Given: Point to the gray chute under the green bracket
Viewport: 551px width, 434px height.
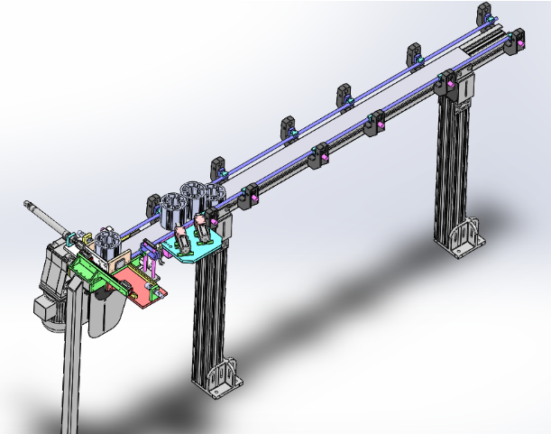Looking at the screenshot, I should click(x=107, y=311).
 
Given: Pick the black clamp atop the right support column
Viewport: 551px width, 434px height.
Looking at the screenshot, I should click(x=448, y=84).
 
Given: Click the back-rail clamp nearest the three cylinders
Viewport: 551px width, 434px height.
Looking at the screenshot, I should click(x=219, y=169).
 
